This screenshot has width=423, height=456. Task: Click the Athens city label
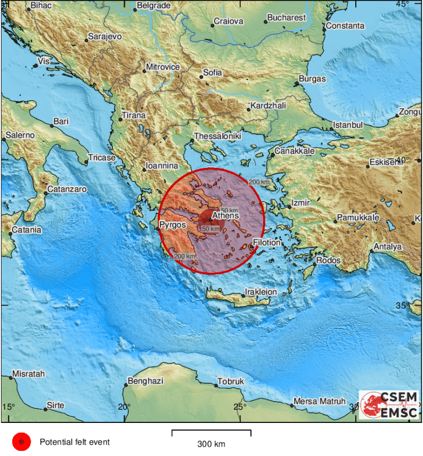click(x=225, y=216)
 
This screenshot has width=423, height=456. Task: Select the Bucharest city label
click(x=286, y=18)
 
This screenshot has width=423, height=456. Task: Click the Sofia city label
click(x=213, y=72)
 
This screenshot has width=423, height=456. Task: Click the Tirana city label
click(x=134, y=115)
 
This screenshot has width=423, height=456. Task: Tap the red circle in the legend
click(x=21, y=442)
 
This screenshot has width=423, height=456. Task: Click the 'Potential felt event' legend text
click(x=74, y=442)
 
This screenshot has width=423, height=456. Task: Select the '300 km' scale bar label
click(x=211, y=444)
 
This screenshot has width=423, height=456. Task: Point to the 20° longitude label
click(x=123, y=407)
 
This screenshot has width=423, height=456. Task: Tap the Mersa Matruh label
click(x=319, y=401)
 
